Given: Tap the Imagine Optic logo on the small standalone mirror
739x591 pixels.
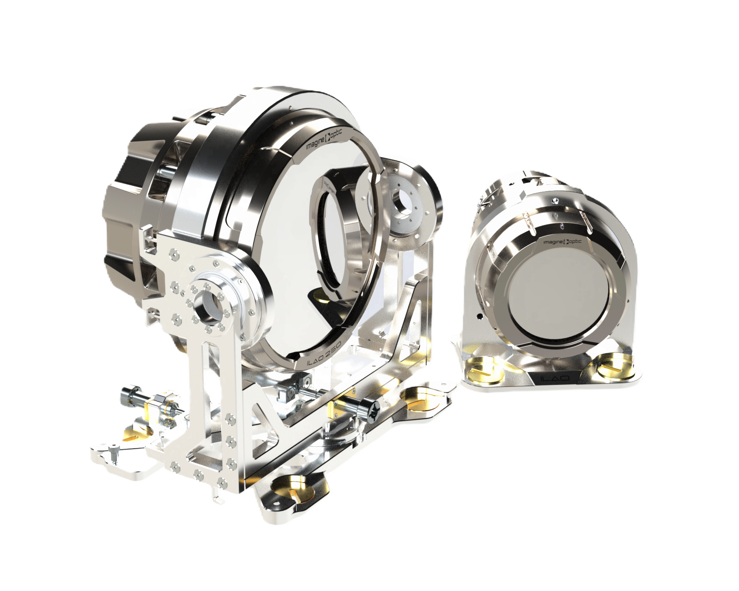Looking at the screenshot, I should click(562, 242).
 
